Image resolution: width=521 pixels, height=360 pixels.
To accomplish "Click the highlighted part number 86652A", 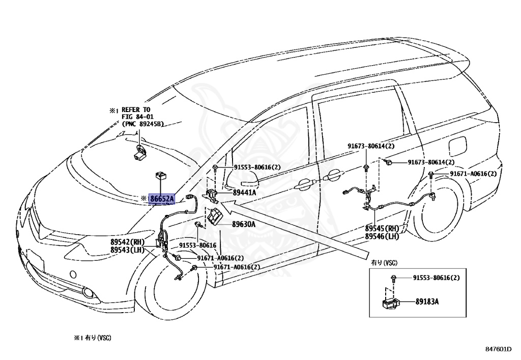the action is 162,199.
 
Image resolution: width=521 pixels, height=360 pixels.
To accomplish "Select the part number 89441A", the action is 244,192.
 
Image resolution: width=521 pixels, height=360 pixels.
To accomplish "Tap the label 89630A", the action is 244,225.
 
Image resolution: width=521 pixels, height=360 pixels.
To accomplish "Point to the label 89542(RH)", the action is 126,242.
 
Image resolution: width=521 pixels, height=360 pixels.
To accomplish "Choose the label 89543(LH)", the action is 127,250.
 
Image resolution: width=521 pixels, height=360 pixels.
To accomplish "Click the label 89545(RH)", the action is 382,229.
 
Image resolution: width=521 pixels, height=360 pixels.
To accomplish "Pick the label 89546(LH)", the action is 382,236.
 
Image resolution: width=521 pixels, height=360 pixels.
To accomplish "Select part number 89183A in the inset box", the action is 427,301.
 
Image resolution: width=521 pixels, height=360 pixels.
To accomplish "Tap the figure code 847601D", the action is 498,349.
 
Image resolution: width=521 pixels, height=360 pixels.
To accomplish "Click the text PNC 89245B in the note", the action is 143,124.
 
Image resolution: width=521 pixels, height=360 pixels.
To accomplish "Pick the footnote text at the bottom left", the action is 93,338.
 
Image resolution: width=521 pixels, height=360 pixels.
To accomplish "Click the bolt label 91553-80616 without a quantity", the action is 198,245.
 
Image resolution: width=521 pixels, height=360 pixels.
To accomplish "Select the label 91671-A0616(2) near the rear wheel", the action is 473,174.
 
